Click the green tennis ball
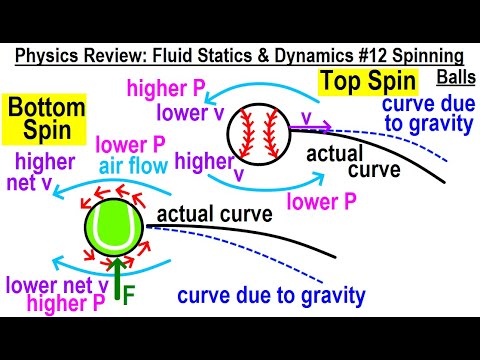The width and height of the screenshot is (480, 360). (x=113, y=228)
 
